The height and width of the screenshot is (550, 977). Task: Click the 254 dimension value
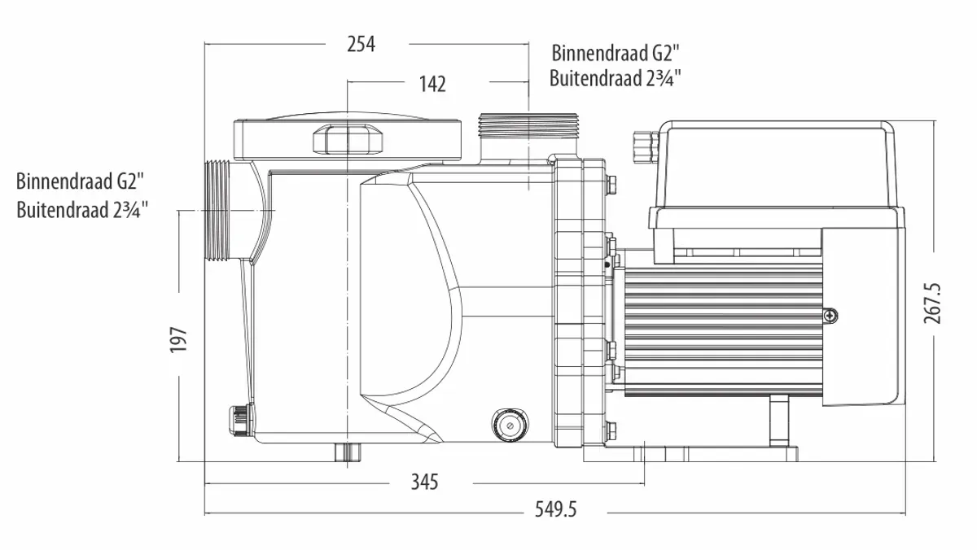361,44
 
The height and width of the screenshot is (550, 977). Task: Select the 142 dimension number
432,84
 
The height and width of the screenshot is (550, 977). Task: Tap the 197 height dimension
178,339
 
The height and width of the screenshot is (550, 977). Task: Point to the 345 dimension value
424,482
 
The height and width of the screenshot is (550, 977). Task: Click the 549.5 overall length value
555,509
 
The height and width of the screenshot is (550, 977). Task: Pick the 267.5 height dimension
932,303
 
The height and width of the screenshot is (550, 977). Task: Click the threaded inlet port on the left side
217,211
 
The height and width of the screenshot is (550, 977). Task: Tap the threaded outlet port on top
528,125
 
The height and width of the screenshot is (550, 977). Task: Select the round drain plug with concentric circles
510,426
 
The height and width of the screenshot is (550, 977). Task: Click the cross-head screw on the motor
830,316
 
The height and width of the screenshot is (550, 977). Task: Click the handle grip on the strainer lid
348,139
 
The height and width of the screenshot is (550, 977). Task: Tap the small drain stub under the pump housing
348,452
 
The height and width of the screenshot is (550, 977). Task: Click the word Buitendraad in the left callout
63,210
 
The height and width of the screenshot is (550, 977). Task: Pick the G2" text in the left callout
130,181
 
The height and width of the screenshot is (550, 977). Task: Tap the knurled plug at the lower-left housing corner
240,419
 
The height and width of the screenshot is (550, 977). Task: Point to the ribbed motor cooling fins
723,330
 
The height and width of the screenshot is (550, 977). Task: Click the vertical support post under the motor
779,421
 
